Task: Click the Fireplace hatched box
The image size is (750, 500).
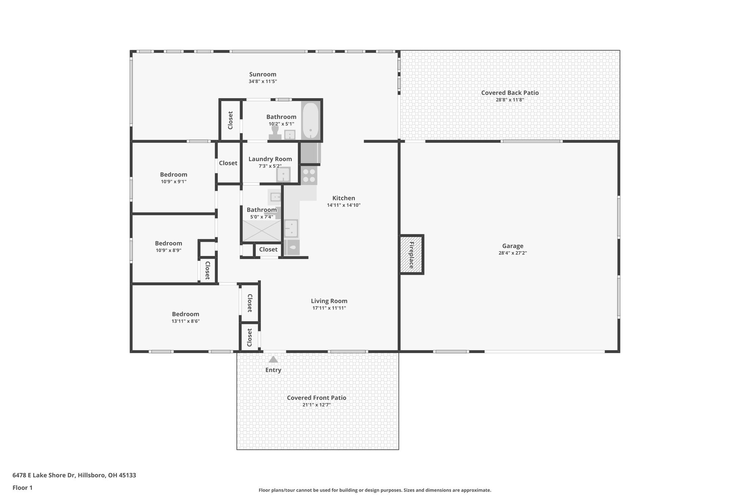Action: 411,255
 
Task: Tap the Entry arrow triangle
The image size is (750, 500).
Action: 273,360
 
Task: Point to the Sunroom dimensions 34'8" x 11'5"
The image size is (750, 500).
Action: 263,81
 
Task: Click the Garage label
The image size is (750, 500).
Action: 512,246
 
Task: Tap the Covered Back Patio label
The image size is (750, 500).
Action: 510,93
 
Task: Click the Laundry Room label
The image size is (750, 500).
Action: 270,159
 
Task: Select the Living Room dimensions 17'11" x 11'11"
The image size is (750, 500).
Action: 329,308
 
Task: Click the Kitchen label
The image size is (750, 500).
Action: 344,198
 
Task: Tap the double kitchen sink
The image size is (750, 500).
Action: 292,228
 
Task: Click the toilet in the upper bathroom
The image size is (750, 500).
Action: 275,133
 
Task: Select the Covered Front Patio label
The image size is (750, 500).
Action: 316,398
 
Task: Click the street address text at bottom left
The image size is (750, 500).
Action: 74,475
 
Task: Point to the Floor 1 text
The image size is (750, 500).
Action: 22,488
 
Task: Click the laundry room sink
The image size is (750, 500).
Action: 283,175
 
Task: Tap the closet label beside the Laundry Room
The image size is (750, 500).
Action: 228,163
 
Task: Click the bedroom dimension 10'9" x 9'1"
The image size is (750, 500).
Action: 174,182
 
